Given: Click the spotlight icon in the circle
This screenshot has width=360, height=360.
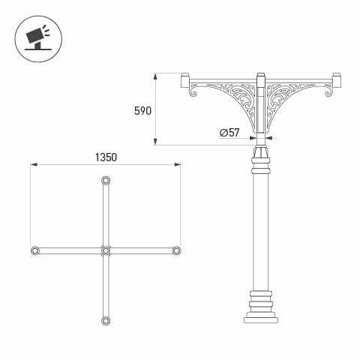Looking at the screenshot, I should click(36, 36).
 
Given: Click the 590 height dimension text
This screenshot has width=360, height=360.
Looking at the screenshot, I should click(142, 111).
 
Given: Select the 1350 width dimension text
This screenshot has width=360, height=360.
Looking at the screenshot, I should click(106, 157).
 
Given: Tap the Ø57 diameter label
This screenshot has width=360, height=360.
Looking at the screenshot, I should click(229, 133).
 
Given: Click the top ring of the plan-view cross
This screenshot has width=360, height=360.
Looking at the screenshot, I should click(105, 181).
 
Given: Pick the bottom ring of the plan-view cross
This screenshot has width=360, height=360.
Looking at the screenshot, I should click(105, 320).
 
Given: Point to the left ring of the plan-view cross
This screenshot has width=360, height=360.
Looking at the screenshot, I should click(34, 250).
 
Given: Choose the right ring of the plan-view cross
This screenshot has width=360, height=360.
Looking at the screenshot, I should click(176, 250).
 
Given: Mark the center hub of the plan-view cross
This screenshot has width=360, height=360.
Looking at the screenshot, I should click(105, 250).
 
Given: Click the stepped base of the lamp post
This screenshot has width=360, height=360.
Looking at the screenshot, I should click(260, 307).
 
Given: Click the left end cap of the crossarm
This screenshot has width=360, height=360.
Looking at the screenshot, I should click(185, 79).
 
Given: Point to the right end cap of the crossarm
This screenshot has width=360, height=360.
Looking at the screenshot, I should click(337, 79).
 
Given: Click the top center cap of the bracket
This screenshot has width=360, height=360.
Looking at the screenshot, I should click(260, 78).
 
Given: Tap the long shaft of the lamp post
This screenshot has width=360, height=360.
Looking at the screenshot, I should click(260, 225).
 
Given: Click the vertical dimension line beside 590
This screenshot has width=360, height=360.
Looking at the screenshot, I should click(157, 109).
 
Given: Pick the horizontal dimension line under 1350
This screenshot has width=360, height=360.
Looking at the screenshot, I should click(105, 166).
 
